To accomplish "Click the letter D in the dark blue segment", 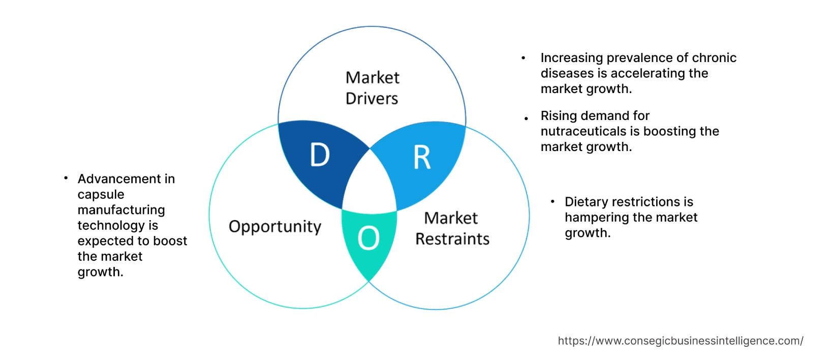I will pos(320,155).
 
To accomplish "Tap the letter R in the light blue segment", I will pos(422,158).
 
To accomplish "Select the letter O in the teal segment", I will pos(368,238).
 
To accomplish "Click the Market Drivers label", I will pos(372,88).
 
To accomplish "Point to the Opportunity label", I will pos(275,227).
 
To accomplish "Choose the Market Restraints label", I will pos(452,228).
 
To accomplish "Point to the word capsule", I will pos(101,195).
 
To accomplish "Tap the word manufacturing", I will pos(121,210).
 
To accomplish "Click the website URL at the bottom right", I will pos(680,341).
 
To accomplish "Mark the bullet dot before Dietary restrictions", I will pos(552,202).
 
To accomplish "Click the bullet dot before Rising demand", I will pos(526,118).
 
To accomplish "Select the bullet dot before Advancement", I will pos(66,178).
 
